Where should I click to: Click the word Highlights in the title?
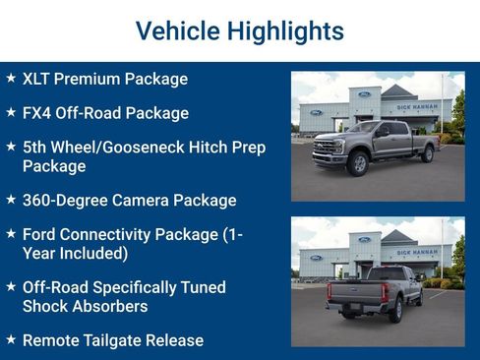(x=284, y=30)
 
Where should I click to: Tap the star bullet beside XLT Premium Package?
(x=11, y=77)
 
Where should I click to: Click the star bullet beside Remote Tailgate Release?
(x=11, y=339)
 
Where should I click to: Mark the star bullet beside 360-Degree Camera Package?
(x=11, y=200)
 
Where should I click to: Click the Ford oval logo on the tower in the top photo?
(x=364, y=93)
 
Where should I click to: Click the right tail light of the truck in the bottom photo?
(x=385, y=292)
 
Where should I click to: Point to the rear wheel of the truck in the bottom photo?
(x=397, y=310)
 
